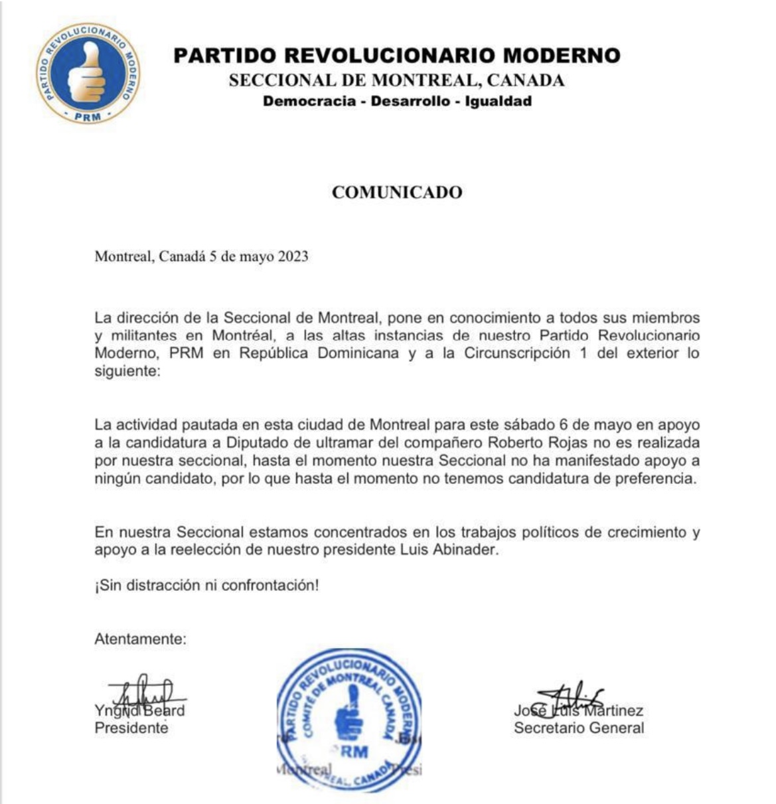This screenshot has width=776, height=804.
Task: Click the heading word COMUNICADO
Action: point(397,193)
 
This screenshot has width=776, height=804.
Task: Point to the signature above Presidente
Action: point(143,694)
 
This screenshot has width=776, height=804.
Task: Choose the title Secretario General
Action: point(579,728)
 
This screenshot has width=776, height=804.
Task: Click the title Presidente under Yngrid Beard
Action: point(131,728)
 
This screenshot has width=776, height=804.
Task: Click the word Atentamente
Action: point(140,639)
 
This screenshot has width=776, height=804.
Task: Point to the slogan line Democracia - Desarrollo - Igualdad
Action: point(397,102)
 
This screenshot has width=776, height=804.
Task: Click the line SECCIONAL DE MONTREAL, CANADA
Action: point(396,81)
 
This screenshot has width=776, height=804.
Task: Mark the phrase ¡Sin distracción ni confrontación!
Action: point(206,586)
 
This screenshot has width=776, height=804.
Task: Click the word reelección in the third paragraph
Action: point(216,550)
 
